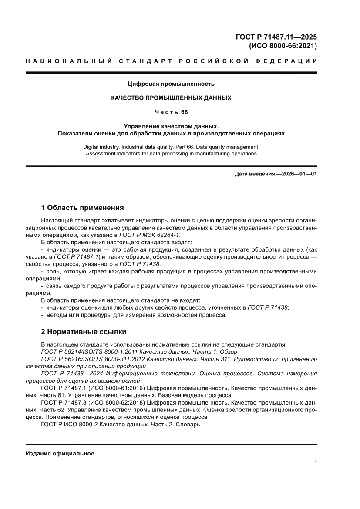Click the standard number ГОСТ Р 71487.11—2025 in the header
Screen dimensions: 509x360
pos(276,37)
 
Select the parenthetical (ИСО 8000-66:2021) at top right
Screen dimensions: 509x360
pos(283,45)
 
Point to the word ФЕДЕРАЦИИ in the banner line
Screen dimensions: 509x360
pos(289,61)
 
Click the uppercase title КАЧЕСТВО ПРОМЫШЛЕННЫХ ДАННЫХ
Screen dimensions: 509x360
pos(171,98)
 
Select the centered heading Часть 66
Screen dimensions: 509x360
pos(171,112)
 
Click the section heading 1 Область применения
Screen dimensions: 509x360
pos(82,207)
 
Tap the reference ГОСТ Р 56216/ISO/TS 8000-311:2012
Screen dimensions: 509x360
pos(93,359)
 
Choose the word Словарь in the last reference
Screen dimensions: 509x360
pos(188,424)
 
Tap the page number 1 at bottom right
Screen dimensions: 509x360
pos(315,463)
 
